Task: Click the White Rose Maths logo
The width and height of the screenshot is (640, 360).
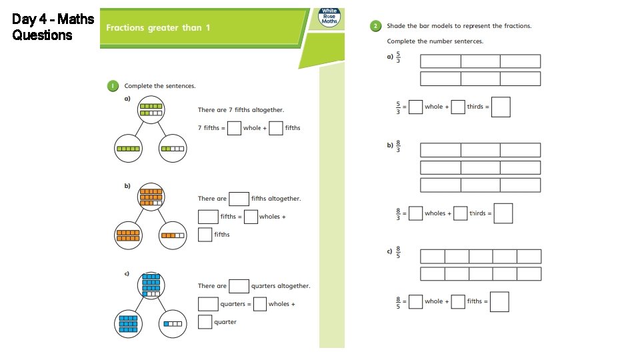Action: [x=329, y=17]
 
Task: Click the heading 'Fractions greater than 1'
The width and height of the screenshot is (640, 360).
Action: [x=159, y=27]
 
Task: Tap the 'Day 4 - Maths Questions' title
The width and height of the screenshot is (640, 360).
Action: [x=53, y=27]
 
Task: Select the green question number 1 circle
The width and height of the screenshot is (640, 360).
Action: [x=113, y=86]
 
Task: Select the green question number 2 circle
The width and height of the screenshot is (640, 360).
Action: [x=376, y=26]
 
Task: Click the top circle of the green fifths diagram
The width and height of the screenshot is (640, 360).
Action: [x=151, y=109]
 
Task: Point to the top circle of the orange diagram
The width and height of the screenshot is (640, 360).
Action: [x=151, y=197]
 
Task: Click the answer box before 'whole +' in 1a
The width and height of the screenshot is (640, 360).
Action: [x=234, y=127]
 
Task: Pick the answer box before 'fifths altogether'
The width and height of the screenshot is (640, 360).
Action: [x=239, y=198]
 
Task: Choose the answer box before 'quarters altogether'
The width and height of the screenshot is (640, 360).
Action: [x=239, y=286]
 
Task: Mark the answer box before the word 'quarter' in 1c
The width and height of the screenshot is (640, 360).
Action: [x=205, y=322]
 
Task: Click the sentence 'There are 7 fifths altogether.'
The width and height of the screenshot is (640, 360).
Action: [x=241, y=110]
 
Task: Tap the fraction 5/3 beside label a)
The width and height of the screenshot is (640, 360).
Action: [x=398, y=57]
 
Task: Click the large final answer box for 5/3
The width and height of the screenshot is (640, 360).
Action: [x=501, y=107]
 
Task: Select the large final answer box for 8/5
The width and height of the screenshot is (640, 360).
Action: [x=499, y=301]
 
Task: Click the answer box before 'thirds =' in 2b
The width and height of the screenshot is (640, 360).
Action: [x=460, y=213]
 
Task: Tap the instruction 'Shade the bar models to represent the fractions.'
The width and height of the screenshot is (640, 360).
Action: [x=459, y=26]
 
